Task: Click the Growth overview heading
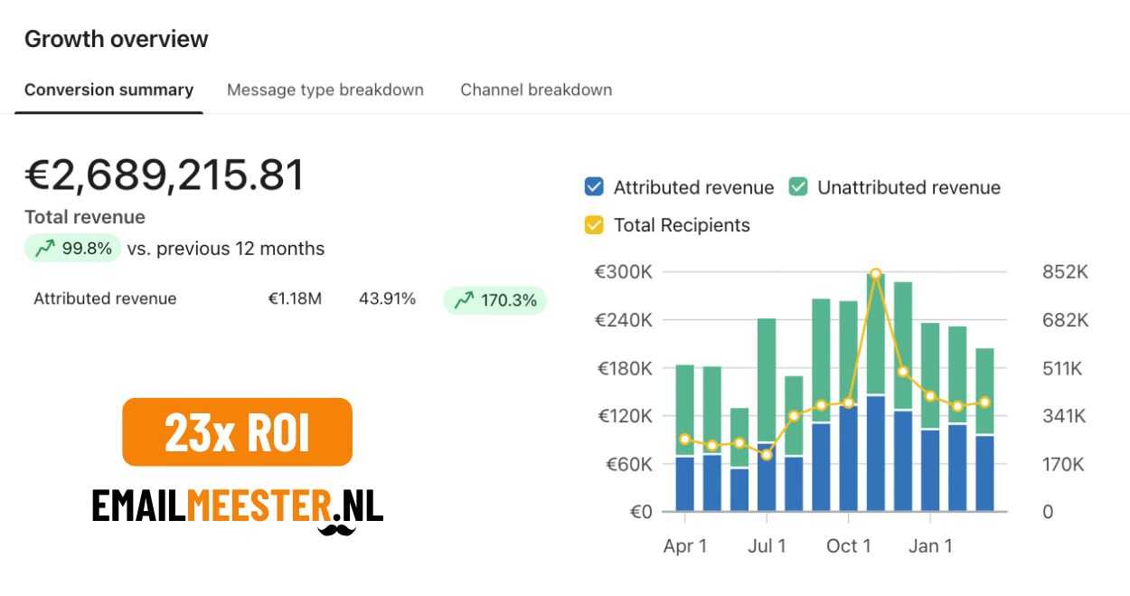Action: point(116,39)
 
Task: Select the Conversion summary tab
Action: point(108,90)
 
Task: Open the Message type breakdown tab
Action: point(325,90)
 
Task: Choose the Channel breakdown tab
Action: point(536,90)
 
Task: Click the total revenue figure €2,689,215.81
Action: point(165,175)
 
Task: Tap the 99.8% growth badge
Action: point(73,249)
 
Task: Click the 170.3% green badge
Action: point(494,300)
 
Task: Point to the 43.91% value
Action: point(387,298)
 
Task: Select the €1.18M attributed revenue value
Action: point(295,298)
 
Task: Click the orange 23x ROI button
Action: point(237,432)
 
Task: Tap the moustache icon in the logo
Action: point(336,527)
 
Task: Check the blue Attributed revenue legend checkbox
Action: point(594,187)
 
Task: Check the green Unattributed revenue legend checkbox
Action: point(797,187)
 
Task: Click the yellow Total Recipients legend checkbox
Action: point(594,224)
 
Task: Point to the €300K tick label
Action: point(624,272)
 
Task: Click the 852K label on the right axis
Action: point(1065,272)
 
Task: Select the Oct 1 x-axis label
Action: point(848,546)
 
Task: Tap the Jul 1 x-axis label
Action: point(767,546)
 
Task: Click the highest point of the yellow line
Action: point(875,273)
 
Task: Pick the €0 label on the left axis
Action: point(640,512)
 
